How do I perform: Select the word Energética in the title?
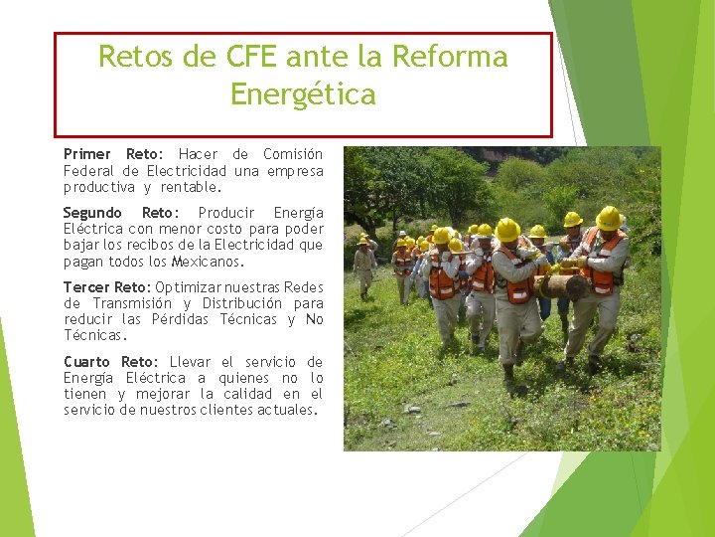coord(303,94)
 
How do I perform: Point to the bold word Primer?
coord(87,154)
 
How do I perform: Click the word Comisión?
coord(293,154)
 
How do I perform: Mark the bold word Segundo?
coord(92,213)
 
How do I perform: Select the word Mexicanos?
coord(208,262)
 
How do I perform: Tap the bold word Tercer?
coord(86,287)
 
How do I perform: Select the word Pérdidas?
coord(180,319)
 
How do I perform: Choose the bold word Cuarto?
coord(88,362)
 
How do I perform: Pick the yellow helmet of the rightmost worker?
coord(609,218)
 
